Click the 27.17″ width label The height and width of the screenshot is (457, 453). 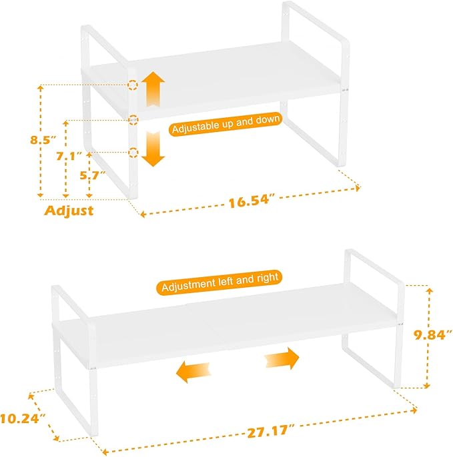[x=266, y=430]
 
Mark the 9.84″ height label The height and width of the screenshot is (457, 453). [x=429, y=335]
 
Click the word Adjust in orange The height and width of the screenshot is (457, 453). [x=69, y=211]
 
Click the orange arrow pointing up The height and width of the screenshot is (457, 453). [x=154, y=89]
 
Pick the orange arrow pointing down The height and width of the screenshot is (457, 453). [x=154, y=148]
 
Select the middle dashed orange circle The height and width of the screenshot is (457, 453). [x=133, y=120]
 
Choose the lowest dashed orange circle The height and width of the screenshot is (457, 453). [x=133, y=153]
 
